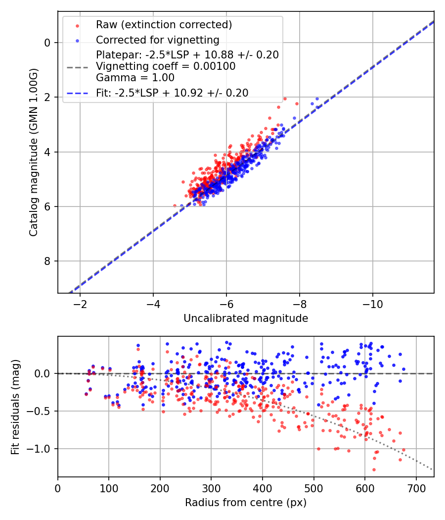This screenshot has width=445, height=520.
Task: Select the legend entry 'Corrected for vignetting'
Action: click(157, 40)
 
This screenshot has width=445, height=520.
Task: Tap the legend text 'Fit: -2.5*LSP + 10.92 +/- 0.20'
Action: click(172, 93)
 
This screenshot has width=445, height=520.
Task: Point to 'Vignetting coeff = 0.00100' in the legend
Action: click(166, 66)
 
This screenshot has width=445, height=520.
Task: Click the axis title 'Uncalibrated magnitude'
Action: click(246, 318)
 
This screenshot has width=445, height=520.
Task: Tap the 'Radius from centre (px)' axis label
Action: click(246, 503)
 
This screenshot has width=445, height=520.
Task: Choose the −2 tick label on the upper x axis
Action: click(80, 304)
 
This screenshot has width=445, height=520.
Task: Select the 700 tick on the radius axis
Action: click(416, 487)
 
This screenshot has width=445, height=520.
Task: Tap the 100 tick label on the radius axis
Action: click(109, 487)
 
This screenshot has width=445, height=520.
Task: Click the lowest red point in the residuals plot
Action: click(374, 469)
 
